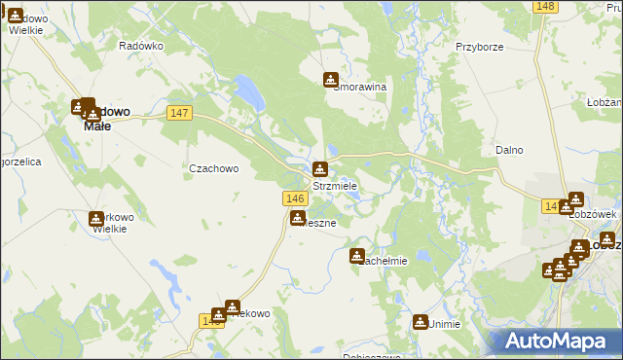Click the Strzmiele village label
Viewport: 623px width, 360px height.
click(334, 186)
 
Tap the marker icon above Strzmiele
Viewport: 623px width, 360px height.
click(320, 169)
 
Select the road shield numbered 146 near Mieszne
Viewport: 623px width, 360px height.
click(298, 198)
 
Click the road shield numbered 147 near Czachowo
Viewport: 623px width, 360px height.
click(179, 114)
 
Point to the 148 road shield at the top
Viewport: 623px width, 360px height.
click(545, 7)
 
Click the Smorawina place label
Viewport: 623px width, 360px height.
click(360, 87)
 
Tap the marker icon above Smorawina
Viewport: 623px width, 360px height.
click(332, 80)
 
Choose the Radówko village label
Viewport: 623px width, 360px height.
click(140, 46)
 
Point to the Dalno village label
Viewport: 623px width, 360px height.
click(509, 150)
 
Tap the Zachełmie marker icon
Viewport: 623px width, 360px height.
click(357, 256)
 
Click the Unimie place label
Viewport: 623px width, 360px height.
click(443, 324)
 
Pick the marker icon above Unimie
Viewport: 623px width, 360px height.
click(421, 321)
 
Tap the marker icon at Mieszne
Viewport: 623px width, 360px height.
click(298, 218)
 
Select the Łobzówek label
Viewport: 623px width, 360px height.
click(595, 213)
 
